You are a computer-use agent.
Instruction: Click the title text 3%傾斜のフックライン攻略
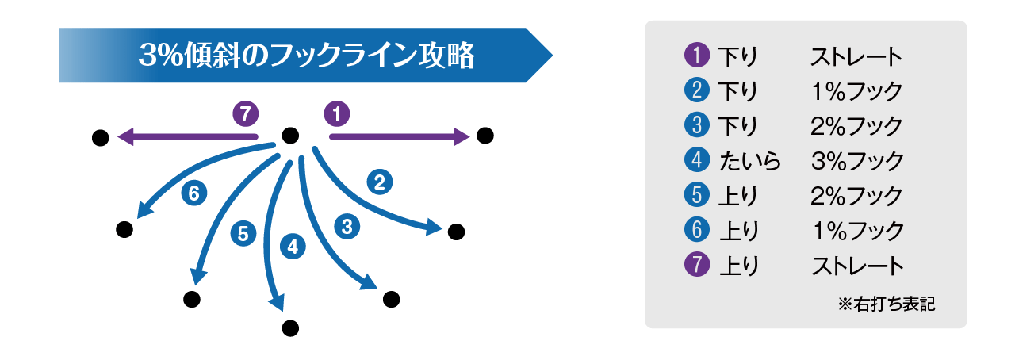tap(305, 56)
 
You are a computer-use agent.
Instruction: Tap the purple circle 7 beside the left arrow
tap(246, 114)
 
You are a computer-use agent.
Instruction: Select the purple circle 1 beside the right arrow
tap(337, 114)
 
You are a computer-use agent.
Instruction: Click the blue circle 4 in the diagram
tap(293, 246)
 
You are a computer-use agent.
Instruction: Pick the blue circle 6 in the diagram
tap(194, 192)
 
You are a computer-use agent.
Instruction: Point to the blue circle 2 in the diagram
tap(379, 182)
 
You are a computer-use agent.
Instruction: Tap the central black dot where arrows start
tap(290, 136)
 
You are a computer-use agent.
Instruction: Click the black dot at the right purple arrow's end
tap(485, 136)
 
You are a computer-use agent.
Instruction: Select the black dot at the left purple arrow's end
tap(100, 138)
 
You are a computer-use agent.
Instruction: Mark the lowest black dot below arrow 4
tap(289, 327)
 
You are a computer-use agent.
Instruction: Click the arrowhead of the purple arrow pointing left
tap(125, 138)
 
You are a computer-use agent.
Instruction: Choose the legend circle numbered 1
tap(695, 57)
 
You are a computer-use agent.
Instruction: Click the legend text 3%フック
tap(857, 161)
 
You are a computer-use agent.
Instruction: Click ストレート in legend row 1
tap(856, 57)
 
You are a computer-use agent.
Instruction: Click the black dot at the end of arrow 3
tap(391, 299)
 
